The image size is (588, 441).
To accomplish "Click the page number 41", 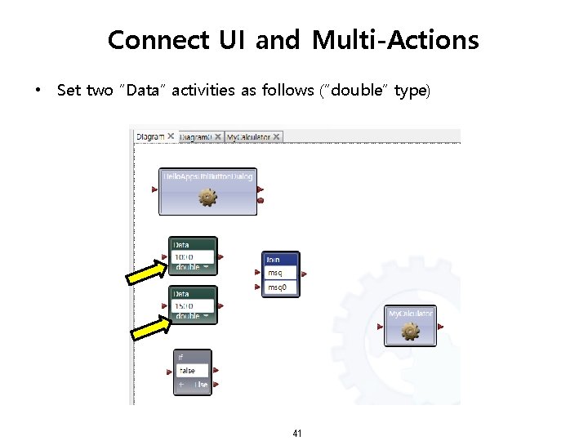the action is click(296, 433).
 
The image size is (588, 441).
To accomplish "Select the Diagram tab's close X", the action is click(171, 136).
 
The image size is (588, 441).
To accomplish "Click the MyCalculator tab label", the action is click(249, 137).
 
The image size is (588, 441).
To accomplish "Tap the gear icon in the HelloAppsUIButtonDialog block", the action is click(208, 197).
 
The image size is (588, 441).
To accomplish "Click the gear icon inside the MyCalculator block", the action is click(410, 331).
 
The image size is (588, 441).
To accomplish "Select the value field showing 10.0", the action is click(194, 256).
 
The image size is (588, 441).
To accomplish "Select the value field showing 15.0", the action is click(194, 305).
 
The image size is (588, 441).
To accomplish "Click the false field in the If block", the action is click(193, 371).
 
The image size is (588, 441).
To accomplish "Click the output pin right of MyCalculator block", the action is click(441, 327).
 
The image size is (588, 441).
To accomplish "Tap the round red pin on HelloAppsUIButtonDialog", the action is click(261, 200).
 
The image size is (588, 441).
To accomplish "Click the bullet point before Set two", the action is click(38, 91).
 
